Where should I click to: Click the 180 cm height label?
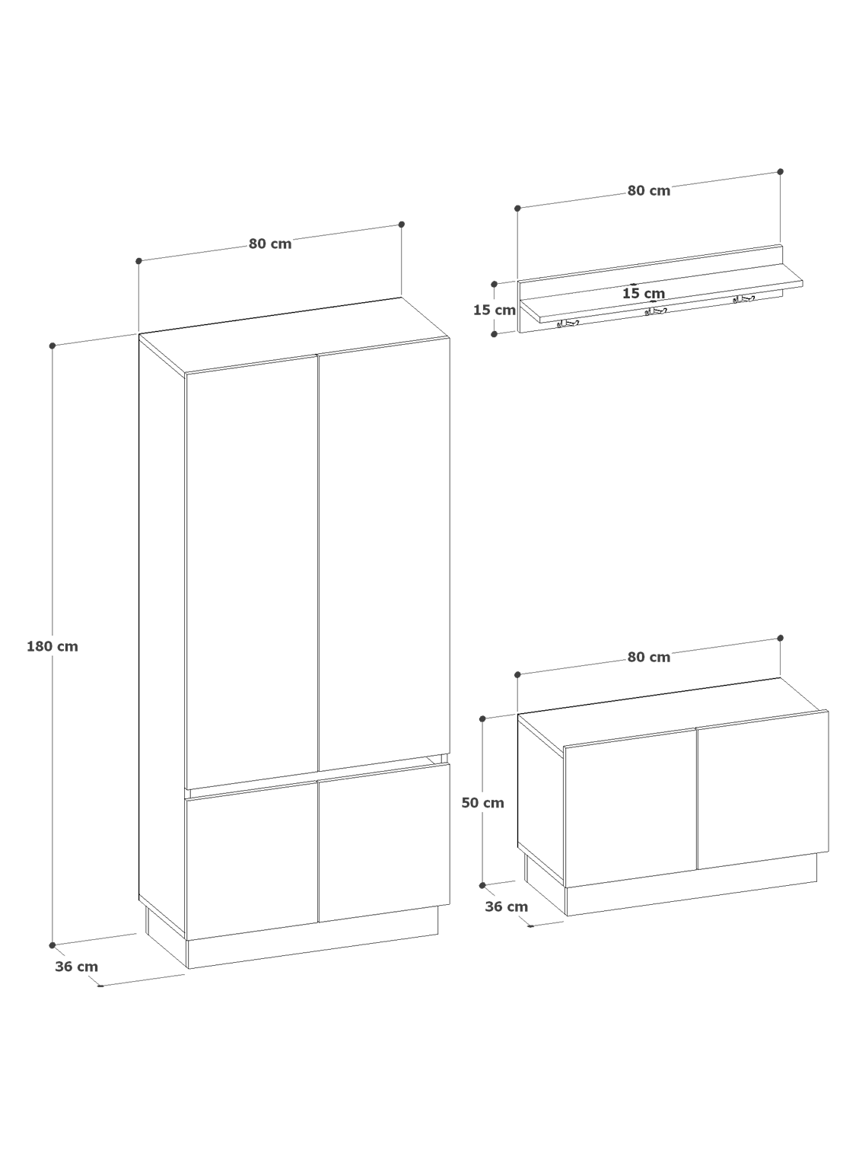pos(52,646)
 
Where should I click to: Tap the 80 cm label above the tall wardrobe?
pos(270,244)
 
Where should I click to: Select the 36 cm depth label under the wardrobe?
pos(76,967)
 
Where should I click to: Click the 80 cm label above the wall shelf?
pos(649,191)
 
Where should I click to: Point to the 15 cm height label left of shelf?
pos(495,311)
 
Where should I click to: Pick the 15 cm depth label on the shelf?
pos(644,293)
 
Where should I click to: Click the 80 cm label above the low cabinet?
pos(649,657)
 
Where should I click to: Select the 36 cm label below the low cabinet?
pos(507,906)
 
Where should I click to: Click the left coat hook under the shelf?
pos(567,323)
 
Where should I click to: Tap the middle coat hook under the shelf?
pos(655,311)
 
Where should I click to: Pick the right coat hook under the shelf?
pos(743,299)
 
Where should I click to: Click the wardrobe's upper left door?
pos(252,572)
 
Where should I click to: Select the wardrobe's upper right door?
pos(384,554)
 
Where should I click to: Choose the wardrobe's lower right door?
pos(384,843)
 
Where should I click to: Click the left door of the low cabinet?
pos(631,808)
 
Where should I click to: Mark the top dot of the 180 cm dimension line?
pos(52,346)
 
